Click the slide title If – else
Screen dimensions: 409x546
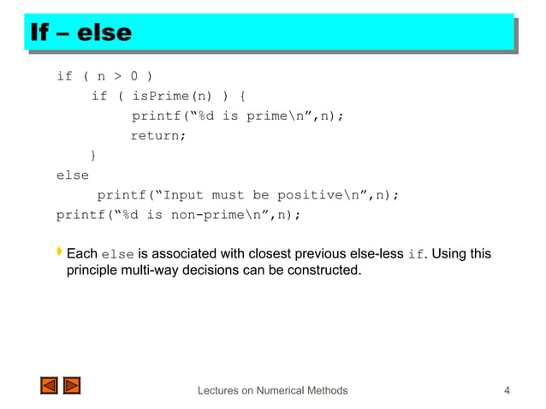[81, 33]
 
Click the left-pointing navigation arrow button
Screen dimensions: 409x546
[49, 386]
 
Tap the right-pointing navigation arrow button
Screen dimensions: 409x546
[72, 386]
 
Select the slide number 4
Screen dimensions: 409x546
[507, 391]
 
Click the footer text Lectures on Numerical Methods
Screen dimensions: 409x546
[272, 391]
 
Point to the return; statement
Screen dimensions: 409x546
[157, 135]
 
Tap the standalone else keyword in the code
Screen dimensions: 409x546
[72, 175]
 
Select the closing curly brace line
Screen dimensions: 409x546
[93, 155]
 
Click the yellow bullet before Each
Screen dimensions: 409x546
[60, 253]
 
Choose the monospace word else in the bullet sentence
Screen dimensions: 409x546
[117, 254]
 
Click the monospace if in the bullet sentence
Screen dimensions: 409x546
[415, 254]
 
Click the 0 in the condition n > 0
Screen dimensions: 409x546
[134, 77]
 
